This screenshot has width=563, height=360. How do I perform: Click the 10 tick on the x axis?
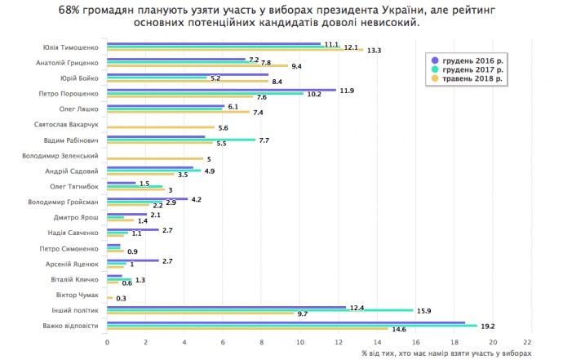300,342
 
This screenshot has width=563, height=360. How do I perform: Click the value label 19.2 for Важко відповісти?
488,326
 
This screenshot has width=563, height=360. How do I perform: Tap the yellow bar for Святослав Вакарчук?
160,128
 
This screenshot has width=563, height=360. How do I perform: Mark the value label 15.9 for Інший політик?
423,310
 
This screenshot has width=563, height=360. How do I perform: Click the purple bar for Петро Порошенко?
220,90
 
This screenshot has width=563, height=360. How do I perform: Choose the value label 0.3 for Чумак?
121,299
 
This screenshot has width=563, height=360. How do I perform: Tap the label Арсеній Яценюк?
74,264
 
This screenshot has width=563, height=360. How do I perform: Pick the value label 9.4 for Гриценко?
297,66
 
